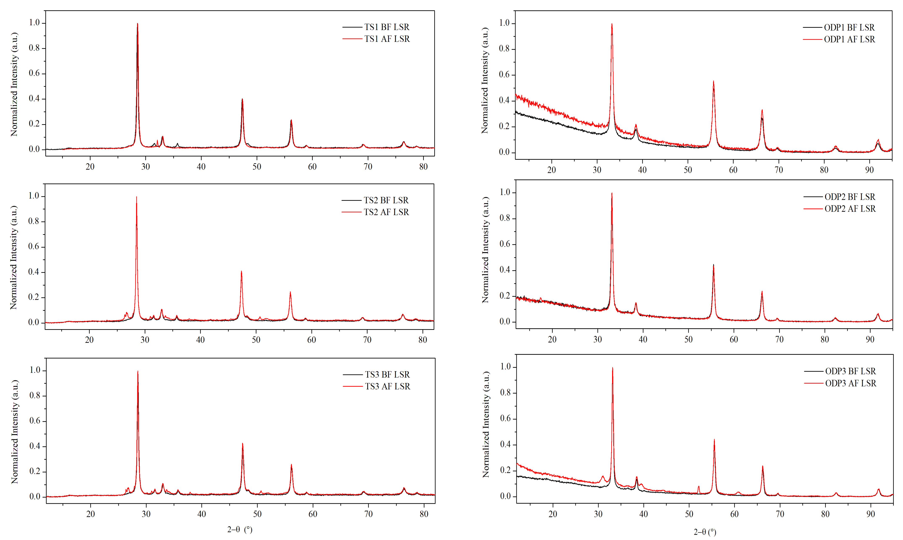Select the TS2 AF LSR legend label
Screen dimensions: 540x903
click(x=386, y=212)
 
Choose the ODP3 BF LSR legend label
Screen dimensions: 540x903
click(x=850, y=371)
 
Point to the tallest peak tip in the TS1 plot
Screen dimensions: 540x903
click(x=137, y=24)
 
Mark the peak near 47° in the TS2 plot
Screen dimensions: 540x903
click(x=241, y=271)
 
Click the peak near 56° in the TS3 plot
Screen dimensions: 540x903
click(x=291, y=465)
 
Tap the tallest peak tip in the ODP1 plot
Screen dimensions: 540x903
click(x=612, y=24)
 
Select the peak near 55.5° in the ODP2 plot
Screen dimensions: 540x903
click(x=713, y=265)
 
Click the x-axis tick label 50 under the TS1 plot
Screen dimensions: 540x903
click(x=257, y=167)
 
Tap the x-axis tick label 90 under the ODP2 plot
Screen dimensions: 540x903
click(x=870, y=339)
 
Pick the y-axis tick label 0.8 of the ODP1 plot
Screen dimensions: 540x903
click(x=504, y=49)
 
